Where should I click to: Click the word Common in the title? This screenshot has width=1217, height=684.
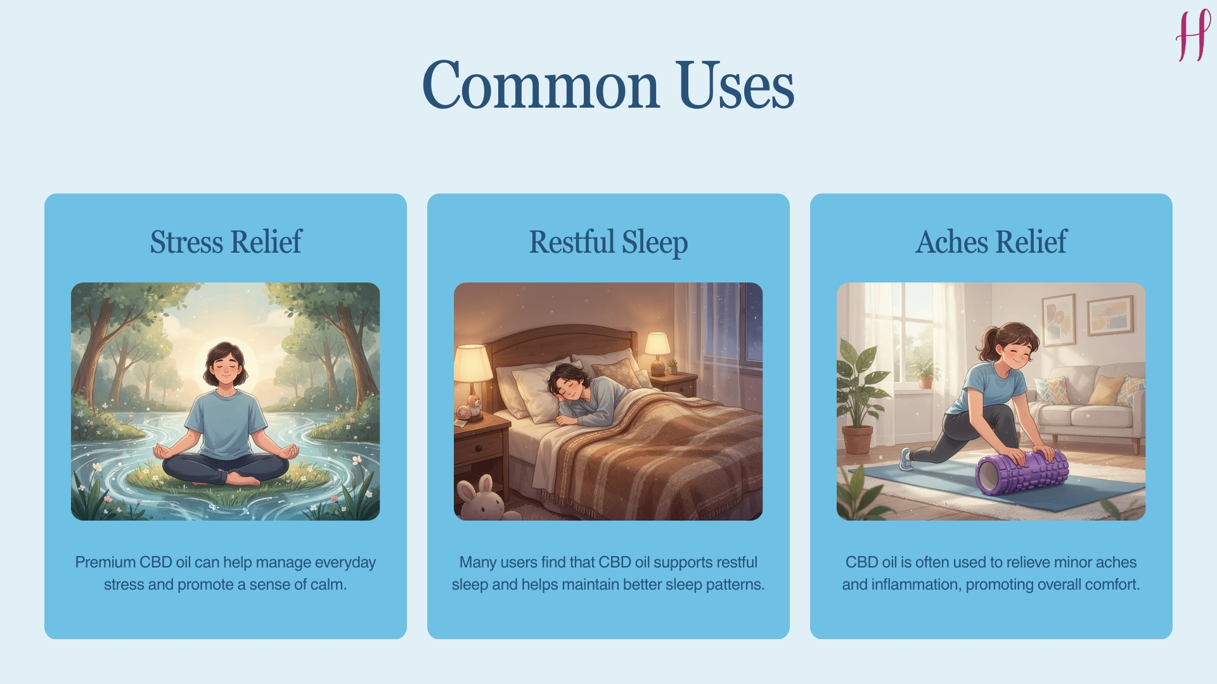[x=541, y=85]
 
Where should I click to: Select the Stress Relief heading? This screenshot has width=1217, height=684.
[x=226, y=242]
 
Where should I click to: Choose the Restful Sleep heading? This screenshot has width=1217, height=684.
[x=608, y=242]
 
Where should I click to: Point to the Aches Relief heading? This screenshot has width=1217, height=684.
[x=991, y=242]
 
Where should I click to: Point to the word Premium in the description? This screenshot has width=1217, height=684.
[x=105, y=562]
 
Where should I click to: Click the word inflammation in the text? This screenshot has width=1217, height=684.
[x=917, y=585]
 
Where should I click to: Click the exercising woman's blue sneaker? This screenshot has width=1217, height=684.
[x=906, y=459]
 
